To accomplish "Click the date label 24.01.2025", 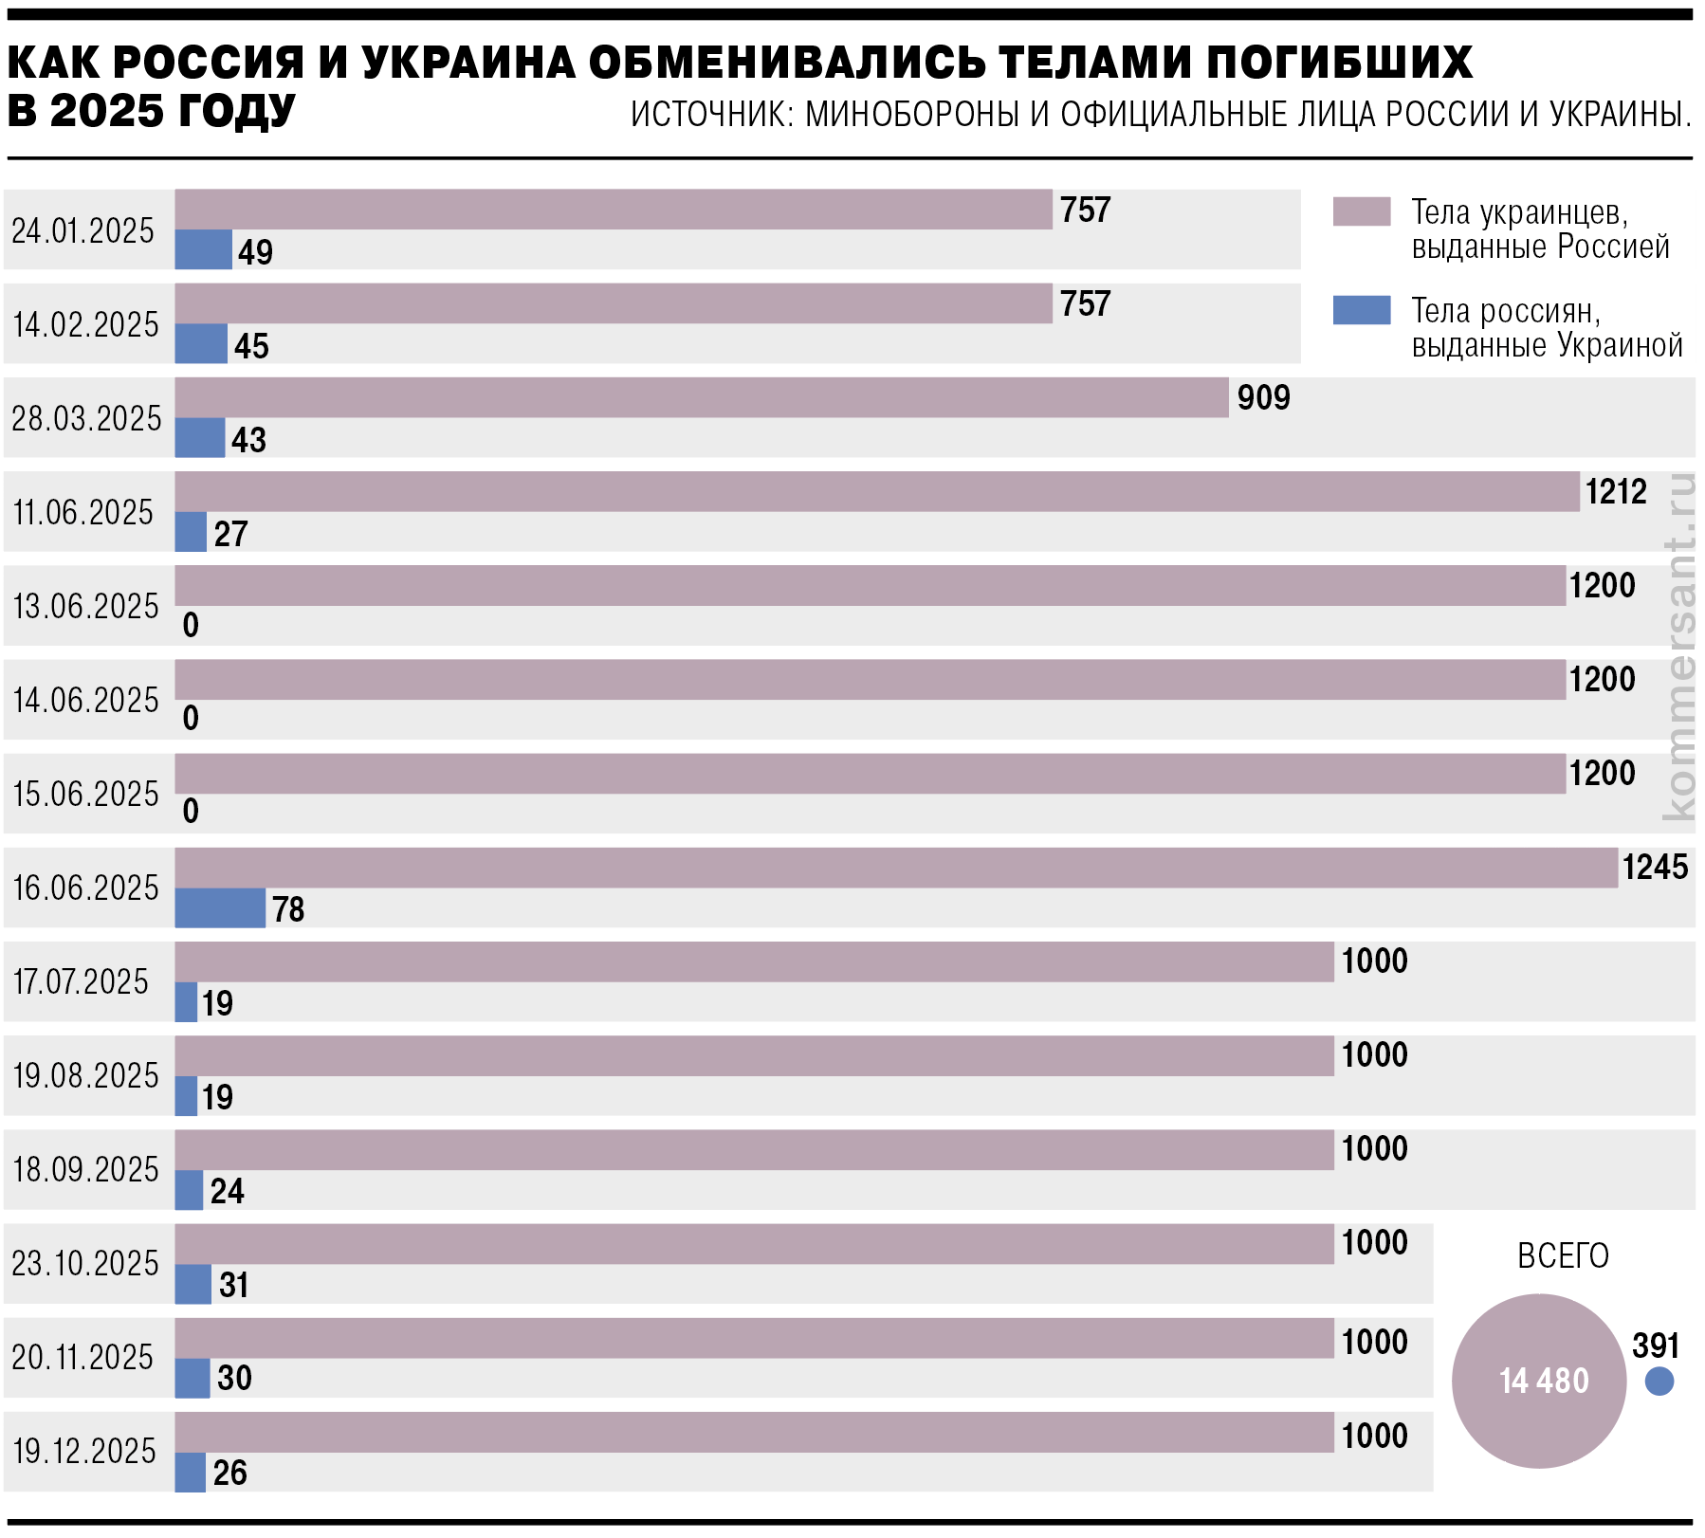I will click(x=82, y=230).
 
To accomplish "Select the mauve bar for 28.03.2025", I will click(x=702, y=397).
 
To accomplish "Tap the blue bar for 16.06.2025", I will click(x=220, y=908).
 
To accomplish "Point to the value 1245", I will click(x=1655, y=867).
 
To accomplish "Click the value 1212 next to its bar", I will click(x=1616, y=491).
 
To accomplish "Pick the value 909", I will click(x=1263, y=397).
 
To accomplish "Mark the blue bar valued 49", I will click(x=203, y=249).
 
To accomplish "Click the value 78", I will click(x=288, y=909).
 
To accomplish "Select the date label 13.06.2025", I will click(x=85, y=606).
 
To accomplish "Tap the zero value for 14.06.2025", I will click(x=191, y=718).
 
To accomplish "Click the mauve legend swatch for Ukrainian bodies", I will click(x=1361, y=211).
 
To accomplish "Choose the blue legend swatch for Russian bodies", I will click(x=1361, y=310).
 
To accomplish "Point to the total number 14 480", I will click(x=1543, y=1381).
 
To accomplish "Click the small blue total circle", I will click(x=1659, y=1381).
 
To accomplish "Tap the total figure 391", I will click(x=1655, y=1345).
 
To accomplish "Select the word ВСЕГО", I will click(x=1563, y=1255).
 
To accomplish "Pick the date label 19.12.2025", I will click(x=84, y=1451).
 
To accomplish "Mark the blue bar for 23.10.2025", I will click(x=192, y=1284).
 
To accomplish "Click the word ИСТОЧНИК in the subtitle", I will click(x=711, y=115).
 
